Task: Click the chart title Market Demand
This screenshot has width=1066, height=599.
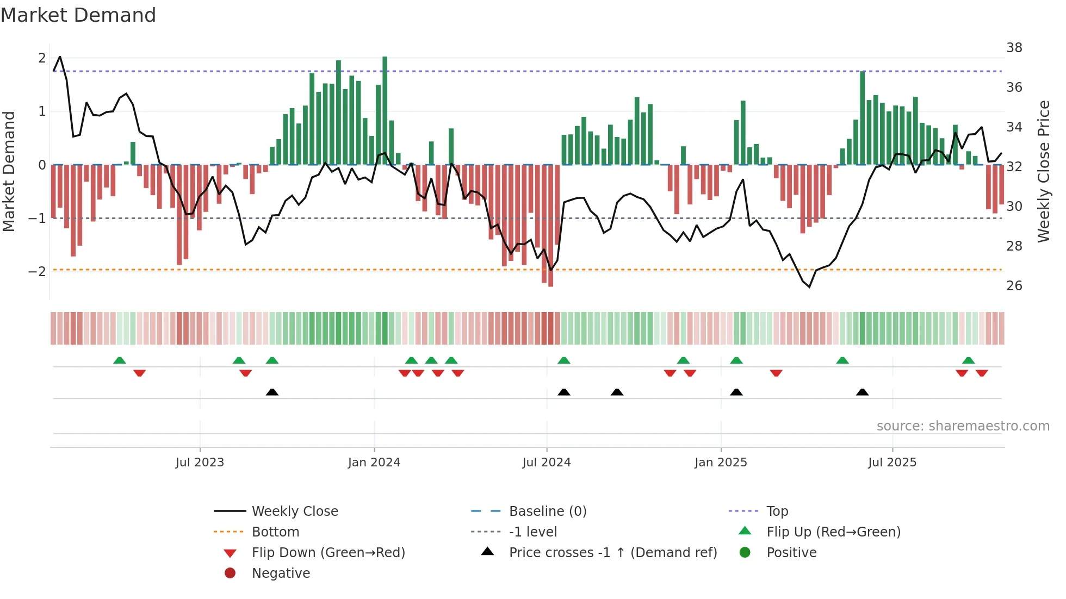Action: pyautogui.click(x=78, y=15)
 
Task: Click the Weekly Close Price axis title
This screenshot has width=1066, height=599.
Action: pyautogui.click(x=1043, y=171)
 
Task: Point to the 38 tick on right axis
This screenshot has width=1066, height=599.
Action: pyautogui.click(x=1014, y=48)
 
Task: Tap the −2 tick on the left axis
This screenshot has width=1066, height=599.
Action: pyautogui.click(x=38, y=271)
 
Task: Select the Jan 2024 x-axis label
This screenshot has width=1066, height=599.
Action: pyautogui.click(x=374, y=463)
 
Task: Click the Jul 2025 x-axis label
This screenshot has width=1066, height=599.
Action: pyautogui.click(x=892, y=463)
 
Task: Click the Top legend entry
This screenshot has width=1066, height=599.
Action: pyautogui.click(x=777, y=511)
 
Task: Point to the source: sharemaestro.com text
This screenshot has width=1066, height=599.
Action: pyautogui.click(x=963, y=426)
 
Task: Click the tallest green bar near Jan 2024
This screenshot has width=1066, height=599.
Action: pyautogui.click(x=385, y=109)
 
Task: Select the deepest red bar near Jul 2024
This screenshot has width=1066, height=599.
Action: pyautogui.click(x=550, y=226)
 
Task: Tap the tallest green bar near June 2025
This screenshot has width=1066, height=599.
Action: pyautogui.click(x=863, y=117)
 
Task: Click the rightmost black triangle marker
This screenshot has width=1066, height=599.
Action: pyautogui.click(x=862, y=392)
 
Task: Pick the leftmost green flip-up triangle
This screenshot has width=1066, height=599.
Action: pyautogui.click(x=120, y=360)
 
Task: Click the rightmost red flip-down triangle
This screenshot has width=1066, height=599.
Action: pyautogui.click(x=982, y=373)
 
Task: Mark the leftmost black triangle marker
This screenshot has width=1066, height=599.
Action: pyautogui.click(x=272, y=392)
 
